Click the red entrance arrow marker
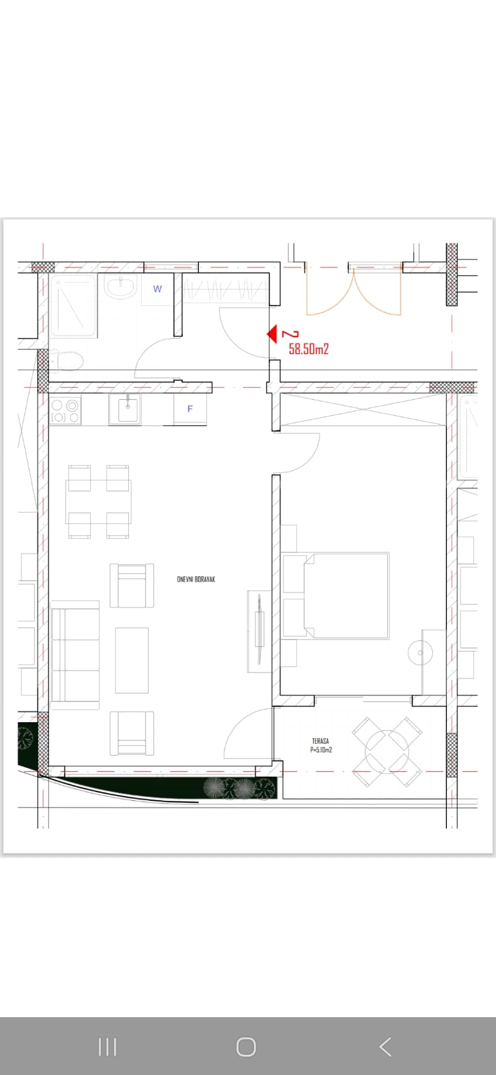pyautogui.click(x=273, y=334)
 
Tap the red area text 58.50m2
pyautogui.click(x=308, y=349)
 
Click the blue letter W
pyautogui.click(x=157, y=289)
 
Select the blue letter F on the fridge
pyautogui.click(x=190, y=409)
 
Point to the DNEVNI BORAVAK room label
pyautogui.click(x=196, y=579)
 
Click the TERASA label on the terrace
pyautogui.click(x=321, y=741)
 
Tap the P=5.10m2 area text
pyautogui.click(x=321, y=750)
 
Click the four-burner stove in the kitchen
pyautogui.click(x=65, y=411)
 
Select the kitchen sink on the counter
pyautogui.click(x=125, y=409)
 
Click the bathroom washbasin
pyautogui.click(x=121, y=287)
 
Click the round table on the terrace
pyautogui.click(x=387, y=752)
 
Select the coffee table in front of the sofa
pyautogui.click(x=132, y=660)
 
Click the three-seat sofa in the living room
pyautogui.click(x=75, y=654)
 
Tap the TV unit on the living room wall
pyautogui.click(x=259, y=631)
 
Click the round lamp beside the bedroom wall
pyautogui.click(x=420, y=653)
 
